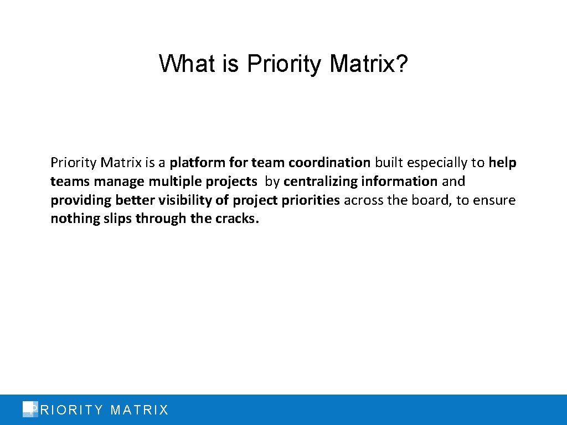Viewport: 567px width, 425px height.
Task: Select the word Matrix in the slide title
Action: [x=362, y=64]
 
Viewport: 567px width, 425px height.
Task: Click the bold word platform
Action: [x=196, y=163]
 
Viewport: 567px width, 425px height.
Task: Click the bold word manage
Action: [x=119, y=182]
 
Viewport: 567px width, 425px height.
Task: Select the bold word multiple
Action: [x=171, y=182]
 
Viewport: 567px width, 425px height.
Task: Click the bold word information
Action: [x=399, y=182]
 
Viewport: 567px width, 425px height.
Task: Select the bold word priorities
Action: [x=311, y=200]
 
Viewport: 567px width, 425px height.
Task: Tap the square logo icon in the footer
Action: [x=29, y=409]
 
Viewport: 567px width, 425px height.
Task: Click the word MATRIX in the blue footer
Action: [x=140, y=410]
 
